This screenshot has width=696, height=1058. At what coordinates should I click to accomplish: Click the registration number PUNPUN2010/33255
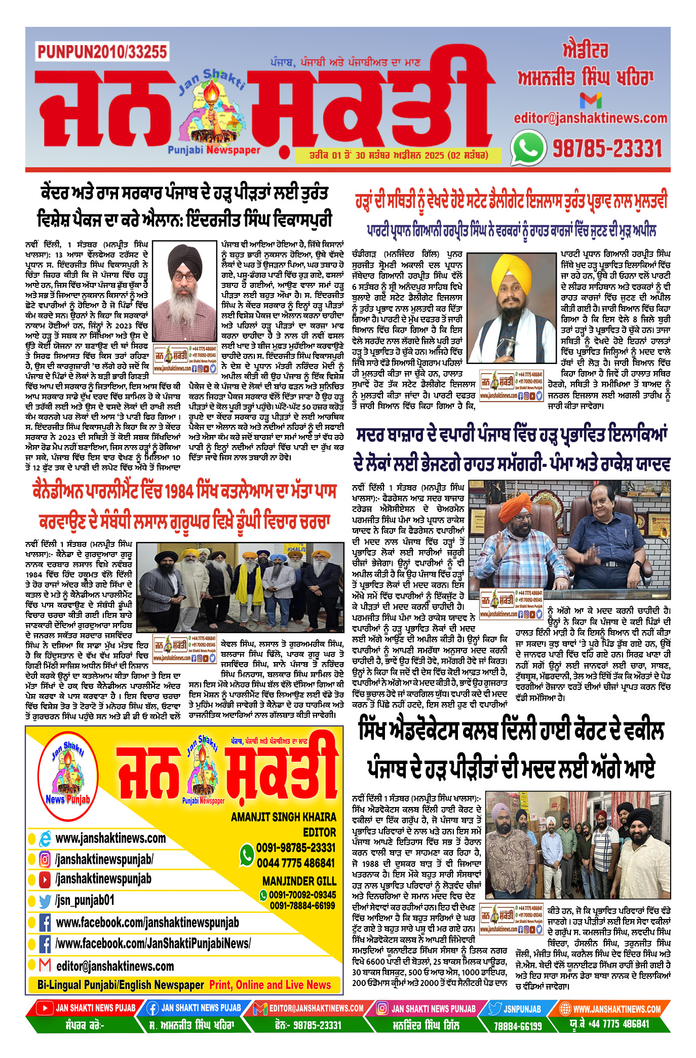pyautogui.click(x=102, y=52)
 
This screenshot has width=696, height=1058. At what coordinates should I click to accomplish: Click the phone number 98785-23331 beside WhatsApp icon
pyautogui.click(x=607, y=149)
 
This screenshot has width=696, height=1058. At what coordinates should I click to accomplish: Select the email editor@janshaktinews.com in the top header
pyautogui.click(x=590, y=118)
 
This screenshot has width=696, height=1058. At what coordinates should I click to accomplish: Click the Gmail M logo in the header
pyautogui.click(x=590, y=100)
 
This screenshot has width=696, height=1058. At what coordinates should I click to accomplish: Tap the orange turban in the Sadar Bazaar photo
pyautogui.click(x=515, y=505)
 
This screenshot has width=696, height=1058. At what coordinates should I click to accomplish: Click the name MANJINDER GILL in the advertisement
pyautogui.click(x=299, y=881)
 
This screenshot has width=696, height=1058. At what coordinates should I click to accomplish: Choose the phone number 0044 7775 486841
pyautogui.click(x=296, y=863)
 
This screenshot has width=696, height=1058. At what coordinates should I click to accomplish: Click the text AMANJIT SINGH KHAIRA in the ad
pyautogui.click(x=283, y=817)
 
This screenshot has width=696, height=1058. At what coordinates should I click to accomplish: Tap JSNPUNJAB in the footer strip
pyautogui.click(x=522, y=1009)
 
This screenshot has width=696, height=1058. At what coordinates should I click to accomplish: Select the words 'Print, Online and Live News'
pyautogui.click(x=270, y=984)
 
